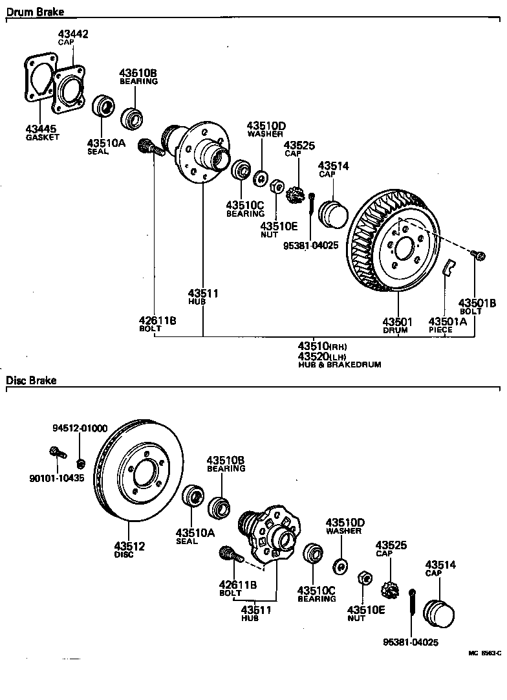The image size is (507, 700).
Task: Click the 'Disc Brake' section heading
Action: pos(31,380)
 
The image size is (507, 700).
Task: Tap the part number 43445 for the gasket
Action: pos(41,128)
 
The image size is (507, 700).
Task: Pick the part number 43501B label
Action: pos(477,302)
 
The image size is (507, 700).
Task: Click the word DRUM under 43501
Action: pos(394,330)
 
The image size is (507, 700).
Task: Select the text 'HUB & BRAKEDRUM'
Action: pos(340,365)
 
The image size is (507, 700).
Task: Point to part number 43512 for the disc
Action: pos(129,546)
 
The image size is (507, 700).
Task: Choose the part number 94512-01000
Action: pos(80,429)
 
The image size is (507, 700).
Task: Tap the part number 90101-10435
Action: pos(56,478)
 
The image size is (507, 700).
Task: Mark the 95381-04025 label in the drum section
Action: pos(310,245)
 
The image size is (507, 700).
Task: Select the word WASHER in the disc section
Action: pos(343,531)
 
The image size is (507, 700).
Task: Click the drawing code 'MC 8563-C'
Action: pos(484,653)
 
